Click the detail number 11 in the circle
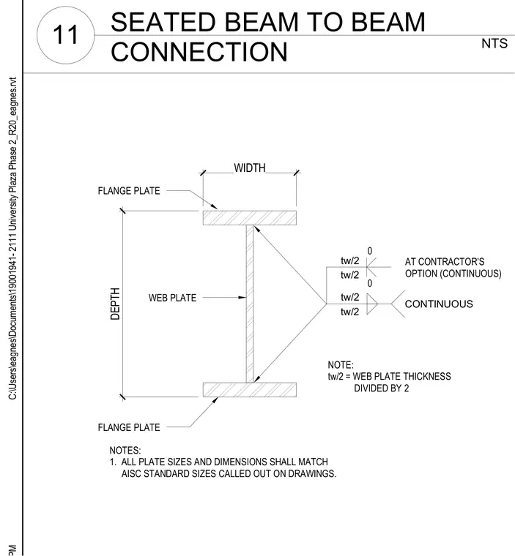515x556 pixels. click(65, 35)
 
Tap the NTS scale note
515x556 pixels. click(494, 44)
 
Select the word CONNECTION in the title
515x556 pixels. click(199, 52)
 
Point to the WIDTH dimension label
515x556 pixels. click(250, 168)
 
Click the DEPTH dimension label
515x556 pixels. click(115, 304)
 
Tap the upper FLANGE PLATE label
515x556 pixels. click(129, 191)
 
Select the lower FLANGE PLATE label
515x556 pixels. click(129, 427)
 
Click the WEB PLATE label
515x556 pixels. click(172, 298)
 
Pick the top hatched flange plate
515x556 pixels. click(250, 218)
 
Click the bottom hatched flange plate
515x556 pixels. click(250, 390)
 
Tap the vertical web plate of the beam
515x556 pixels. click(250, 304)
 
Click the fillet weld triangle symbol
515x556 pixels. click(372, 304)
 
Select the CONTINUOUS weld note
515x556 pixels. click(439, 304)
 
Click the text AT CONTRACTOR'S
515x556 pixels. click(445, 262)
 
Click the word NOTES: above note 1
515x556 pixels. click(125, 451)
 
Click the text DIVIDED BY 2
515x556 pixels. click(382, 388)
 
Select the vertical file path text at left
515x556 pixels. click(12, 238)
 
